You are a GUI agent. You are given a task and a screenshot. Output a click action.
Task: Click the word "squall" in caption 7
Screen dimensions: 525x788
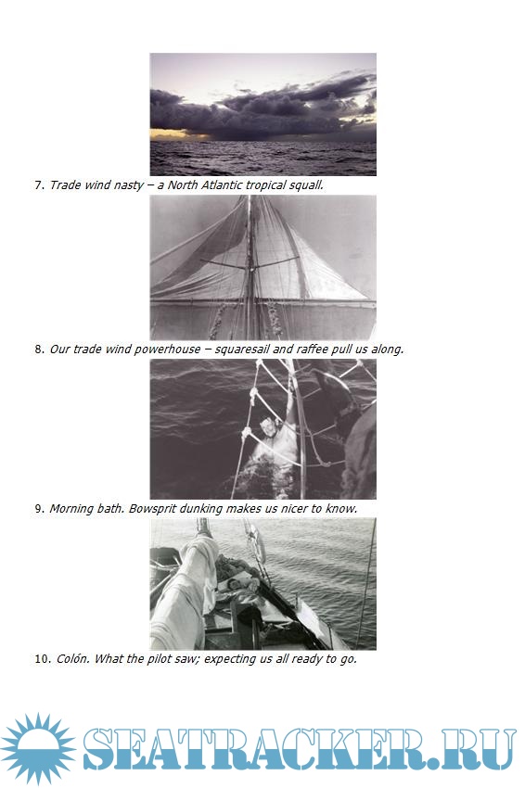(306, 185)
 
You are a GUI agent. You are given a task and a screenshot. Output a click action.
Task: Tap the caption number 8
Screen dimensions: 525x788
(39, 350)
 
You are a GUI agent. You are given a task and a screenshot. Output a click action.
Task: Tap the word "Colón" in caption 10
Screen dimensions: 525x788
(71, 658)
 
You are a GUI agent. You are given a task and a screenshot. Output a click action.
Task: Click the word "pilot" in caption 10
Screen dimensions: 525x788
(159, 659)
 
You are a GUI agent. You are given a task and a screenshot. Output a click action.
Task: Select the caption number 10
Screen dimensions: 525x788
(43, 659)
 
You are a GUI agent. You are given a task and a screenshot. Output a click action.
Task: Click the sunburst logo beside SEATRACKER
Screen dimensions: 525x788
(37, 748)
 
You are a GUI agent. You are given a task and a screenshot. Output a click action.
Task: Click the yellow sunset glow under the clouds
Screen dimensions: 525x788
(171, 134)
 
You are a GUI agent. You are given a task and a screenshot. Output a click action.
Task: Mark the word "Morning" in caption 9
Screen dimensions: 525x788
(70, 509)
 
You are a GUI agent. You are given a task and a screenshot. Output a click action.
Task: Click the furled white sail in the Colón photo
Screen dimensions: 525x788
(186, 589)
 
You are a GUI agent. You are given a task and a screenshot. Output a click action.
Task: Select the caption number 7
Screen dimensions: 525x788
(39, 185)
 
